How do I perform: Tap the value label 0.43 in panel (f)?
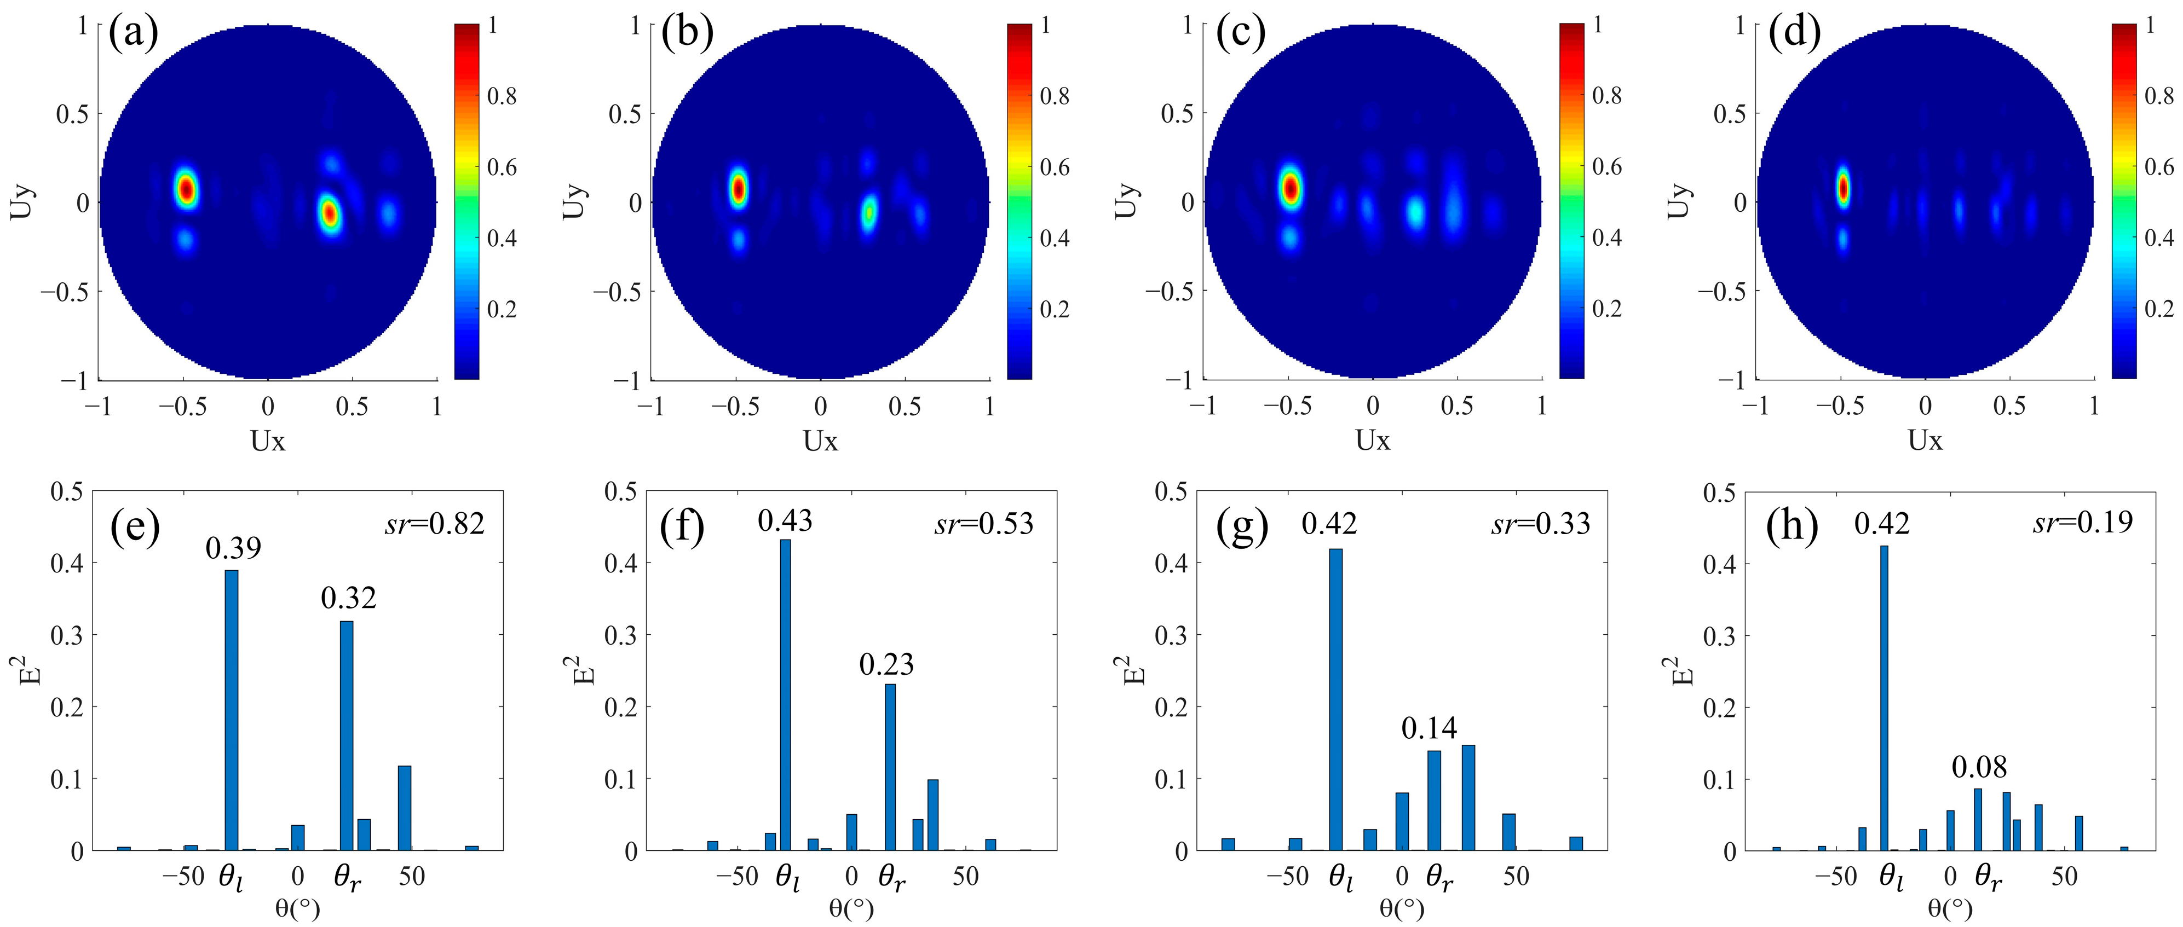[x=785, y=520]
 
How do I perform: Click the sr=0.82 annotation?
[x=435, y=524]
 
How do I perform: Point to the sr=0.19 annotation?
[x=2082, y=522]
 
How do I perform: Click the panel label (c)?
[x=1240, y=34]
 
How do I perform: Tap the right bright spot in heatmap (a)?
[x=330, y=213]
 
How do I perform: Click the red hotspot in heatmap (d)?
[x=1842, y=188]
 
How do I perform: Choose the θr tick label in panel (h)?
[x=1988, y=877]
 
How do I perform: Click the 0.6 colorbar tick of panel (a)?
[x=502, y=167]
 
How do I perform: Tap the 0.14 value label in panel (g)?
[x=1429, y=728]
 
